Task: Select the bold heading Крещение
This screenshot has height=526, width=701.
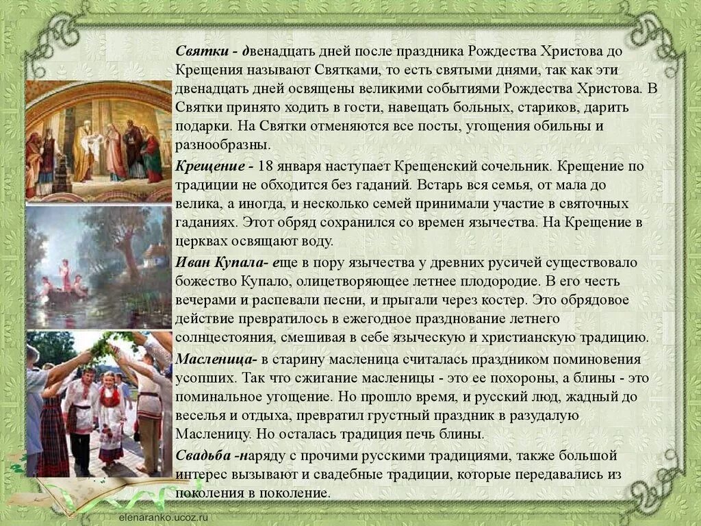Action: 208,166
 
